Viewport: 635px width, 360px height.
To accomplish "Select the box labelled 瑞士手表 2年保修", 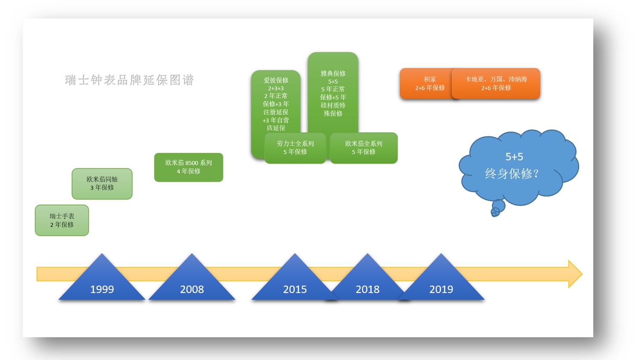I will pyautogui.click(x=62, y=220).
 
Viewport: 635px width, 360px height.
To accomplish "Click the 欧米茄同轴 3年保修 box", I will pyautogui.click(x=102, y=183).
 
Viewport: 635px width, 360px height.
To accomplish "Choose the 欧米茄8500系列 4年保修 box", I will pyautogui.click(x=189, y=167).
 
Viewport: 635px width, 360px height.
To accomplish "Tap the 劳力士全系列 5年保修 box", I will pyautogui.click(x=295, y=148).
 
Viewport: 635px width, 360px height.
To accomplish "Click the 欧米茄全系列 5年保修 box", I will pyautogui.click(x=364, y=148).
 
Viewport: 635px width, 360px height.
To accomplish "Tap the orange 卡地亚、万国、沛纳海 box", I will pyautogui.click(x=496, y=83).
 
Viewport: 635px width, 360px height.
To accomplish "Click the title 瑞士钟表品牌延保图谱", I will pyautogui.click(x=129, y=80).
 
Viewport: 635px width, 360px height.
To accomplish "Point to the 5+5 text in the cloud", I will pyautogui.click(x=514, y=157).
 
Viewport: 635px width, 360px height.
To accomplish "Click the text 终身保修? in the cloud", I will pyautogui.click(x=512, y=174).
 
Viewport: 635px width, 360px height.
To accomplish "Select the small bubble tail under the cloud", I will pyautogui.click(x=497, y=208).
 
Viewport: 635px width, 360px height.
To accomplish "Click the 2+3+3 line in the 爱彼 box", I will pyautogui.click(x=276, y=88).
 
